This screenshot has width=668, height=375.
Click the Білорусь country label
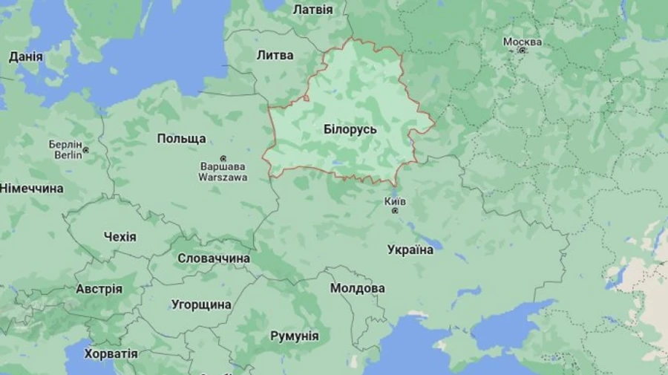click(x=350, y=129)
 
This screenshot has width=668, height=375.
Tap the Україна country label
click(x=410, y=250)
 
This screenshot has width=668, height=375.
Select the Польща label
click(x=182, y=139)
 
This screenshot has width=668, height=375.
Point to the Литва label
click(x=275, y=55)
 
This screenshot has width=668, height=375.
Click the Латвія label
click(x=312, y=10)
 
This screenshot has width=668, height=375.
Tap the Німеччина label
click(x=31, y=189)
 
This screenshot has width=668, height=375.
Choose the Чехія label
click(x=120, y=237)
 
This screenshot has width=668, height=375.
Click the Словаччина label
click(x=214, y=258)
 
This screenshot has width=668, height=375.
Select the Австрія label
click(x=99, y=289)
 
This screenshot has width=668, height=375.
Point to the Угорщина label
click(x=201, y=304)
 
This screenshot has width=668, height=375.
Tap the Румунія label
click(x=295, y=336)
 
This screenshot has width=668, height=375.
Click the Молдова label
click(x=358, y=288)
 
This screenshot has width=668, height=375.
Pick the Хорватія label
click(x=111, y=353)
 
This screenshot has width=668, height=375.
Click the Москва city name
click(x=523, y=42)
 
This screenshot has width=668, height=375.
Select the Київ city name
click(x=395, y=201)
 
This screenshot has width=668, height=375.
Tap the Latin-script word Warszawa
click(x=223, y=178)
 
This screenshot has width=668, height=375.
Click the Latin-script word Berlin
click(x=68, y=155)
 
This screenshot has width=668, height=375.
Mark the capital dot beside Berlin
click(x=85, y=150)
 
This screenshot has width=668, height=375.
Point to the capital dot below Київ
click(x=395, y=211)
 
